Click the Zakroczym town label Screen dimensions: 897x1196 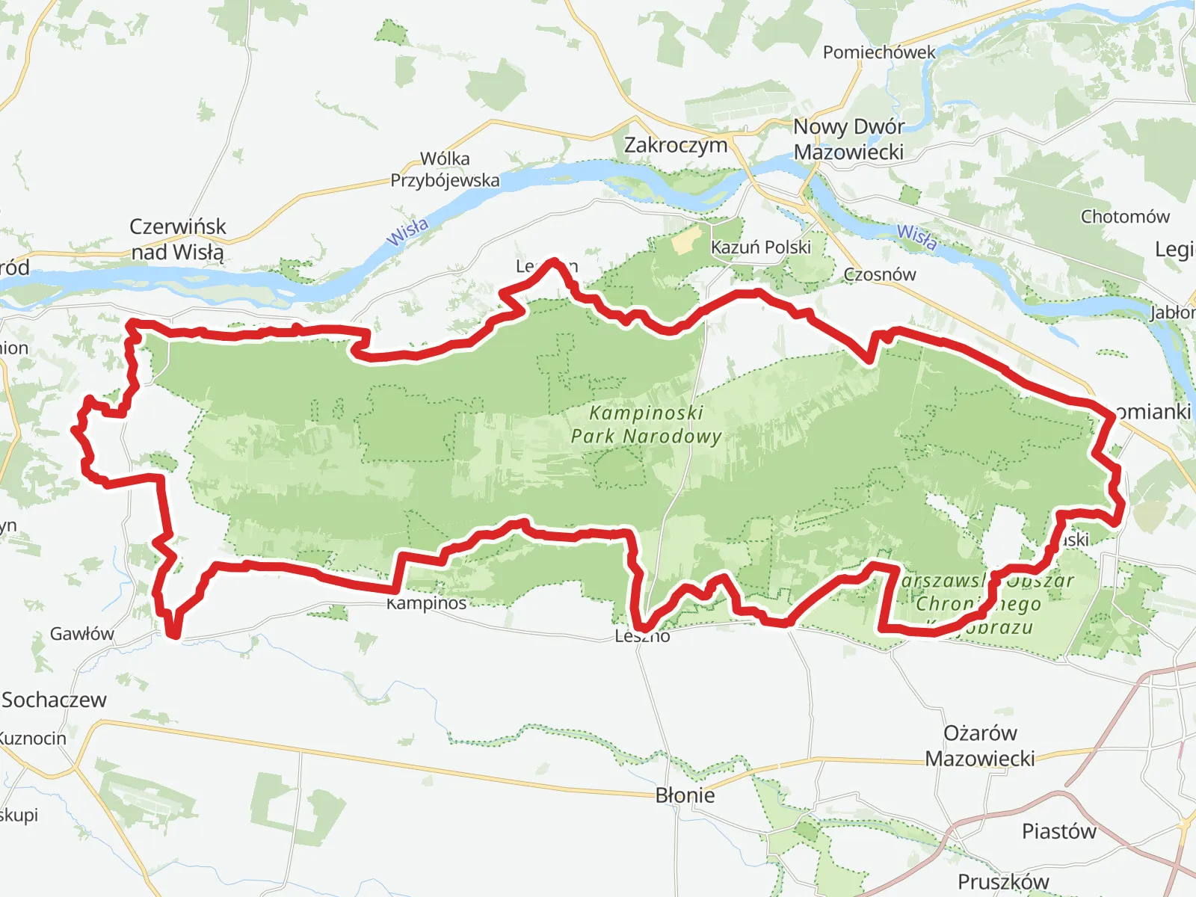tap(676, 145)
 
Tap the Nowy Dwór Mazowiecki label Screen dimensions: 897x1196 tap(848, 139)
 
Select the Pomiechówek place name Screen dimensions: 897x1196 tap(879, 52)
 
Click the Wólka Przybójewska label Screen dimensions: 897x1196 tap(445, 169)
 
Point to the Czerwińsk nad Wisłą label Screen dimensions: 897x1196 tap(177, 239)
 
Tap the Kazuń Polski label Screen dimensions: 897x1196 tap(760, 247)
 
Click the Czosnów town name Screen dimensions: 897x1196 tap(880, 274)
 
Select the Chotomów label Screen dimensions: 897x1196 tap(1125, 217)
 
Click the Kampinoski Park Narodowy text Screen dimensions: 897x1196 tap(647, 425)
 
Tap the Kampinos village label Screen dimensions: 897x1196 tap(427, 603)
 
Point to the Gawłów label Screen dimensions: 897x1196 tap(82, 634)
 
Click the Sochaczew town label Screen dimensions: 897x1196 tap(54, 700)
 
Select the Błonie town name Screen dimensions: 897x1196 tap(685, 795)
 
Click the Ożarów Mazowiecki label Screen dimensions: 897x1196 tap(980, 745)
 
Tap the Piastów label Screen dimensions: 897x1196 tap(1058, 831)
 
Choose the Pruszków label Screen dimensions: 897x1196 tap(1003, 882)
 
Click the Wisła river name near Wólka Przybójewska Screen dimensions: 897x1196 tap(408, 231)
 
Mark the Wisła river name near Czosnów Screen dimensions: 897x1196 tap(917, 236)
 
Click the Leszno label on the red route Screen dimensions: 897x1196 tap(643, 636)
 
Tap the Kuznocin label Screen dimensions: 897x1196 tap(33, 739)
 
